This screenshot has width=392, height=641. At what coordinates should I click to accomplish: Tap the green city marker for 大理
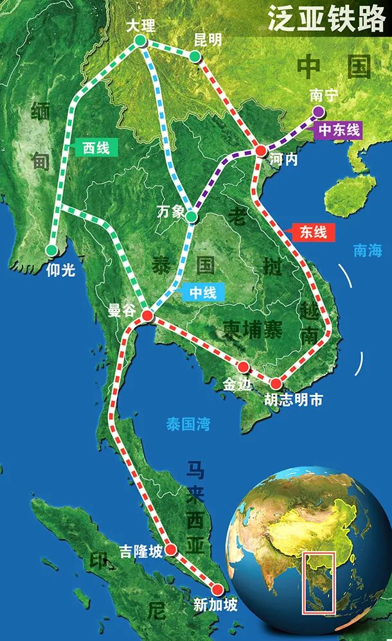point(140,42)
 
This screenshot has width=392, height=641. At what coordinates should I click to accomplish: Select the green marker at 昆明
point(195,57)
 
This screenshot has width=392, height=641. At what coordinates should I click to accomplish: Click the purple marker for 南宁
point(318,112)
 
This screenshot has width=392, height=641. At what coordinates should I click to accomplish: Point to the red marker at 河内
point(261,151)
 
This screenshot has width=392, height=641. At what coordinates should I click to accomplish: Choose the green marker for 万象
point(191,217)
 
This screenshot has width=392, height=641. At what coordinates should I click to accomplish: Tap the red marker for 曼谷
point(147,315)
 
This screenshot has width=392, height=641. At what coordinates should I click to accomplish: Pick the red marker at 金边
point(244,367)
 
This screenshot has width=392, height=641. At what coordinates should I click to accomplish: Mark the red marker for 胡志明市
point(276,383)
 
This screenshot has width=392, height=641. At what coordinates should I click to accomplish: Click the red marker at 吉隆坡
point(171,549)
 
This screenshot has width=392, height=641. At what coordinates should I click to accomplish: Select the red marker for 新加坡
point(217,589)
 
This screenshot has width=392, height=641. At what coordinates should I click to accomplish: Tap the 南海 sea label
point(368,250)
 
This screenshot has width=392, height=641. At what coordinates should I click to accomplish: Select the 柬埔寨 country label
point(253,330)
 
